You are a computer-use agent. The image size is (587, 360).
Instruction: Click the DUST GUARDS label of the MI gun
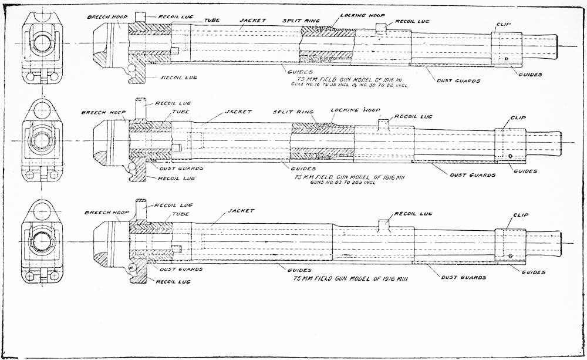pyautogui.click(x=454, y=80)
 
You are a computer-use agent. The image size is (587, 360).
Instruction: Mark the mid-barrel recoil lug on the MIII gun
pyautogui.click(x=384, y=224)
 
